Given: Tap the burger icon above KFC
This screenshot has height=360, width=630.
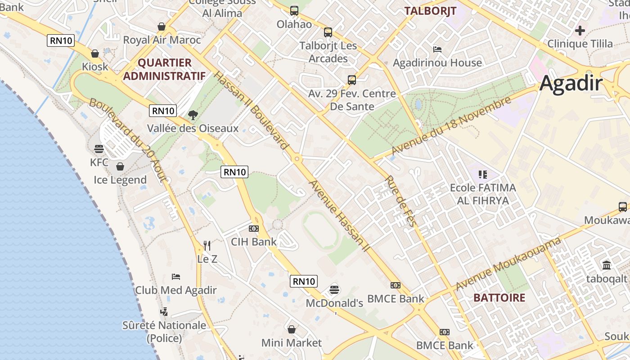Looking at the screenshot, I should [99, 148].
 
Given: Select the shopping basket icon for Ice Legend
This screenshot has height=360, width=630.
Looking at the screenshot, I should [120, 166].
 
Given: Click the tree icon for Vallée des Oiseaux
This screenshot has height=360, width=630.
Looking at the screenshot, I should [193, 115].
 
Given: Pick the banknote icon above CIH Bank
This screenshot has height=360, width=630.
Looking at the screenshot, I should [254, 229].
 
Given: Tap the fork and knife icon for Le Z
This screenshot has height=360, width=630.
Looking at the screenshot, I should [207, 245].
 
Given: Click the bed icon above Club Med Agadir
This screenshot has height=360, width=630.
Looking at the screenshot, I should [176, 276].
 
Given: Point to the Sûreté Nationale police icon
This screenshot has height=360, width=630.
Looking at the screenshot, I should [164, 311].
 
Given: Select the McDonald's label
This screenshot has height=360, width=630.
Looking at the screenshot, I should [334, 303].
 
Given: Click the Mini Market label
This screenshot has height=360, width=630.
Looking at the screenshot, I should [292, 343].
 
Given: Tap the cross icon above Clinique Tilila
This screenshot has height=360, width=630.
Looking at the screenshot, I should [580, 31].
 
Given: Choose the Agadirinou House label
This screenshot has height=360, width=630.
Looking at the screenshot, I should [437, 63].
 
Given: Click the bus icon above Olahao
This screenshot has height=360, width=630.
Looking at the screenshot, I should [294, 11].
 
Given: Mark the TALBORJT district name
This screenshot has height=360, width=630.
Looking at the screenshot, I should [431, 11].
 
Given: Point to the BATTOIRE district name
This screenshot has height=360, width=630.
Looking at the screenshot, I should [499, 297].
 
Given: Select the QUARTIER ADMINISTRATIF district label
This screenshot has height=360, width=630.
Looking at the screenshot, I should [164, 69].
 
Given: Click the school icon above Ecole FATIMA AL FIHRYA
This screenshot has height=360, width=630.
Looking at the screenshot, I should [483, 174].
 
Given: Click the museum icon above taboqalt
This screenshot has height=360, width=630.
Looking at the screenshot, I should [606, 265].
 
